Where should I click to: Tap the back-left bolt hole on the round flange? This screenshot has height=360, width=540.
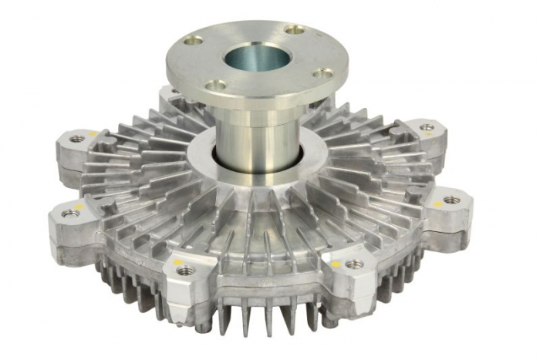196,39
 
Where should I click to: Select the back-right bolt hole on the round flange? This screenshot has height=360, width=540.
294,30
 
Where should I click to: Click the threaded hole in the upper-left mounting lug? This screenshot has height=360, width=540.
77,140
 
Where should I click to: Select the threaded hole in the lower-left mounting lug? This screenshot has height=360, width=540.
70,214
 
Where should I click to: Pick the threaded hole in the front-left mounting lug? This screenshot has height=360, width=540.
185,270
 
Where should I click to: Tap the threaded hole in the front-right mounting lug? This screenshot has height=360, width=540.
354,264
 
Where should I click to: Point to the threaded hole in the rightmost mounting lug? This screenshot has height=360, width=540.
451,200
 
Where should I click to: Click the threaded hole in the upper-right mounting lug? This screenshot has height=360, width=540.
426,127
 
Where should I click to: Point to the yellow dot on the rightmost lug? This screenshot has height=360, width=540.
437,204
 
